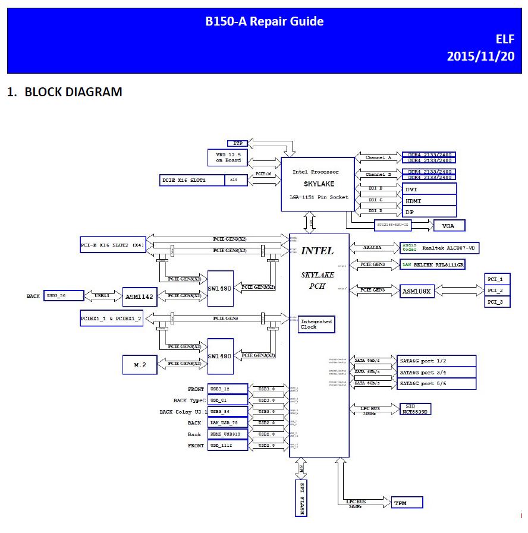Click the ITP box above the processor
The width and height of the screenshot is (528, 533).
pyautogui.click(x=238, y=144)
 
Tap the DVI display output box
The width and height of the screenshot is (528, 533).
pyautogui.click(x=429, y=189)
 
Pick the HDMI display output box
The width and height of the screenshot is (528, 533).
pyautogui.click(x=429, y=201)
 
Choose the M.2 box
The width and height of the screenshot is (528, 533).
pyautogui.click(x=139, y=364)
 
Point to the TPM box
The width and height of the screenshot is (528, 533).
pyautogui.click(x=407, y=503)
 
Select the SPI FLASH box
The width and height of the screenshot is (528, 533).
pyautogui.click(x=302, y=498)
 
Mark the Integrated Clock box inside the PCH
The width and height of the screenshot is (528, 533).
pyautogui.click(x=317, y=324)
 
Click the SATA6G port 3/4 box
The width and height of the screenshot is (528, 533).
pyautogui.click(x=436, y=372)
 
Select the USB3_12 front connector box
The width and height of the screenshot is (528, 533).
pyautogui.click(x=228, y=389)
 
